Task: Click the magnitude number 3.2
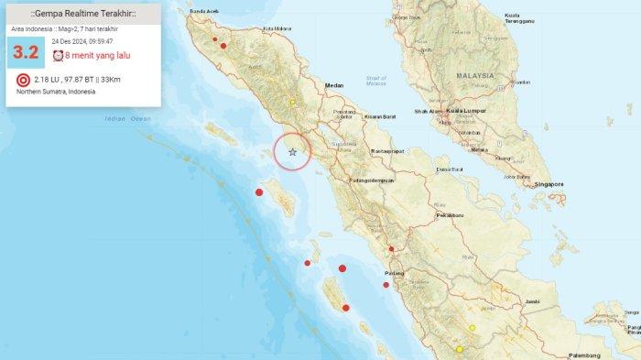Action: pos(26,53)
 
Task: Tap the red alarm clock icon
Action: pos(58,56)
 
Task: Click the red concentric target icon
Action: pos(24,80)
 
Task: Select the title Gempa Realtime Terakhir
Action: pos(84,16)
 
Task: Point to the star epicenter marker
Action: pos(293,152)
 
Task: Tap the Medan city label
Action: pos(334,86)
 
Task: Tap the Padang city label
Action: pos(393,272)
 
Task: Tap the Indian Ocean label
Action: pos(127,118)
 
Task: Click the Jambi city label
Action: pos(531,300)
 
